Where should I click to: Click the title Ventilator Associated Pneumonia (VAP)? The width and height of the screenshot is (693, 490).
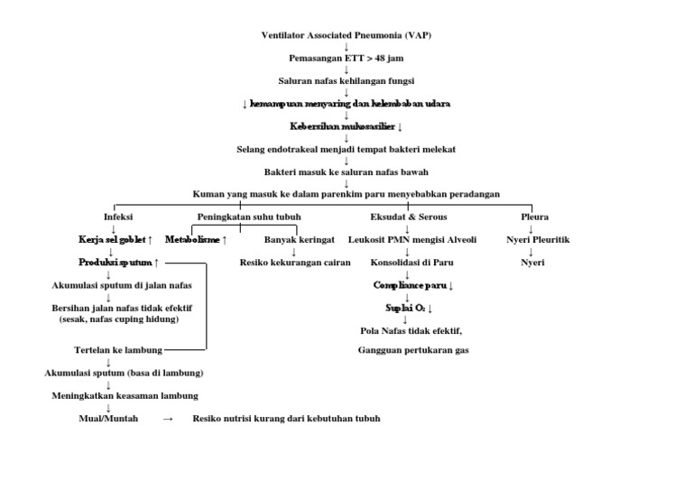(346, 35)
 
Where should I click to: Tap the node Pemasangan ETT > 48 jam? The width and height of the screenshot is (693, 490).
(346, 58)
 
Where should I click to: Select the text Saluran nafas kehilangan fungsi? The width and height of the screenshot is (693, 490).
(346, 80)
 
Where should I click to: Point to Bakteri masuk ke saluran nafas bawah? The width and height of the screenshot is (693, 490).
(346, 171)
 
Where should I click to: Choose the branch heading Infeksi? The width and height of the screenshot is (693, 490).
(117, 217)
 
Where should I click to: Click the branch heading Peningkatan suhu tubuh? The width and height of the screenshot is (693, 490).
(249, 217)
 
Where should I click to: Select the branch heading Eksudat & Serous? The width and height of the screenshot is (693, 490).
(408, 217)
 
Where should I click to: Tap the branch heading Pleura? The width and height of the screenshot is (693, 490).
(534, 217)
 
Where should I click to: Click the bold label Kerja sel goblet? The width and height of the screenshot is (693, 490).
(111, 240)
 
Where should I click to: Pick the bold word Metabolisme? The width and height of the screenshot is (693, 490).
(191, 240)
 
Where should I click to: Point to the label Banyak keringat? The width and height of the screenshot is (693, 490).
(300, 240)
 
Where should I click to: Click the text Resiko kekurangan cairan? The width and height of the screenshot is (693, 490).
(295, 263)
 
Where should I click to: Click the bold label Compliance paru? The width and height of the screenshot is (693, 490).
(410, 285)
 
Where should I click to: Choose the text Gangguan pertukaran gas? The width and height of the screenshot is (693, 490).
(413, 349)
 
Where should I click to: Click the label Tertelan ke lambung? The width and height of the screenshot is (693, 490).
(118, 349)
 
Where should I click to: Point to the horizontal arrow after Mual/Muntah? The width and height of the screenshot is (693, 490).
(168, 419)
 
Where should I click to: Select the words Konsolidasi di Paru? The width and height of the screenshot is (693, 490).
(408, 263)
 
